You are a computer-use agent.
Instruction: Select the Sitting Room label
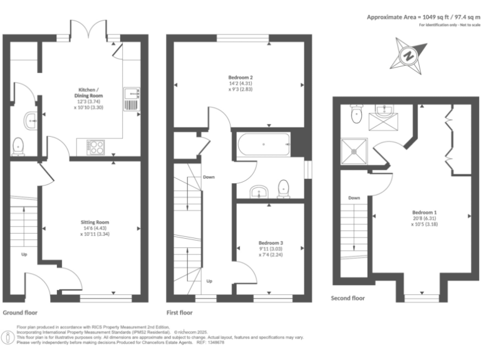[95, 229]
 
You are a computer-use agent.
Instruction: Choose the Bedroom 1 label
[424, 217]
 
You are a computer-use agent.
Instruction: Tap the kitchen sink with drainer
[133, 99]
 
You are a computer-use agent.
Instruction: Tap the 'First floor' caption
[179, 312]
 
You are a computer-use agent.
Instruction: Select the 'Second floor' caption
[348, 299]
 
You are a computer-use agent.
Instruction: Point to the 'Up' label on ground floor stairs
[24, 254]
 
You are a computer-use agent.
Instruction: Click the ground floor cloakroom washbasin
[30, 118]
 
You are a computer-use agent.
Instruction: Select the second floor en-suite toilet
[356, 112]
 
